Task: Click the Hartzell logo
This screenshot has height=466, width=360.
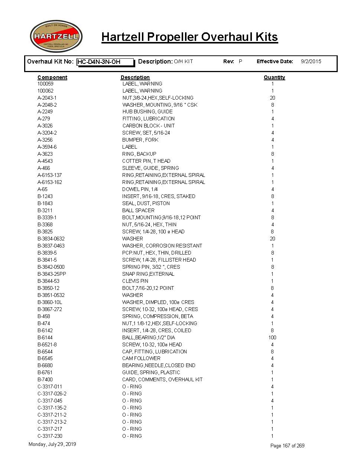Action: [56, 36]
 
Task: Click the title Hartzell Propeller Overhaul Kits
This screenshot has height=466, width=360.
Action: [189, 37]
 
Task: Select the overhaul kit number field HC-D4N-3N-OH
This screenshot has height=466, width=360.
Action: [105, 62]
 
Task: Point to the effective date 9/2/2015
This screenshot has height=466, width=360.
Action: [311, 61]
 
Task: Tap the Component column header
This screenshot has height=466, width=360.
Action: [52, 77]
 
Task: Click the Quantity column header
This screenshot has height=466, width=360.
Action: [274, 77]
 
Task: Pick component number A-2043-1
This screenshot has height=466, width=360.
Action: [47, 98]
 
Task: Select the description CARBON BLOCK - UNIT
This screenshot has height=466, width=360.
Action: [148, 126]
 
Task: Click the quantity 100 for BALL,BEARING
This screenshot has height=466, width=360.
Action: [272, 337]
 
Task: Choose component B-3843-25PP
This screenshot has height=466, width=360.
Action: [52, 274]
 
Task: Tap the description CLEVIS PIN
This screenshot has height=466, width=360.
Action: [135, 281]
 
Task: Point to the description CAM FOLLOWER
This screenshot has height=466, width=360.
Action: [141, 358]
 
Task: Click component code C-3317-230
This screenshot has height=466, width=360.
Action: [50, 436]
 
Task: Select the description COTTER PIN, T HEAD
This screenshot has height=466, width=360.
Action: [146, 161]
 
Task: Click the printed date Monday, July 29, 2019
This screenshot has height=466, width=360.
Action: [52, 444]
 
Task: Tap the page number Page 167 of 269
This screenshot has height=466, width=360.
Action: [287, 446]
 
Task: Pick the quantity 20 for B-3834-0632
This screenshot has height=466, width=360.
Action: [272, 239]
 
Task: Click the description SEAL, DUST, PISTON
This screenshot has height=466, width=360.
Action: [146, 203]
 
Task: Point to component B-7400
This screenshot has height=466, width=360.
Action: [45, 379]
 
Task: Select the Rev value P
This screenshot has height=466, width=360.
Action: [240, 61]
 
